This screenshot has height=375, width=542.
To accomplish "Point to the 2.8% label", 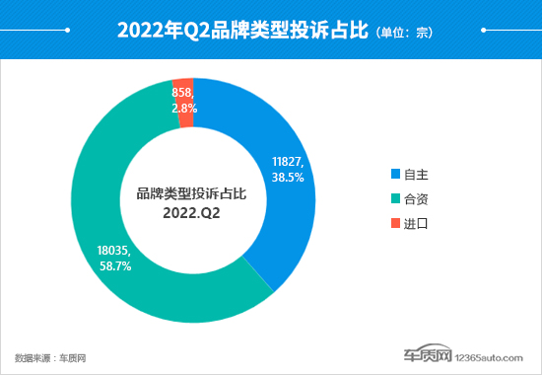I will tap(184, 109).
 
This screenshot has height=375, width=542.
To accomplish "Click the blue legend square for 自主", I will tap(396, 175).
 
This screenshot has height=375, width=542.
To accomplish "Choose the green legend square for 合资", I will tap(396, 199).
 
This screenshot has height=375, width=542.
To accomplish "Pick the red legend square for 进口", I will tap(396, 224).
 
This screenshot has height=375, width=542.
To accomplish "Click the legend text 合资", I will tap(417, 199).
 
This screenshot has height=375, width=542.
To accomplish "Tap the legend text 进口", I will tap(417, 224).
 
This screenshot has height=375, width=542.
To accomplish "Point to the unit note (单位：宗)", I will tap(404, 33).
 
